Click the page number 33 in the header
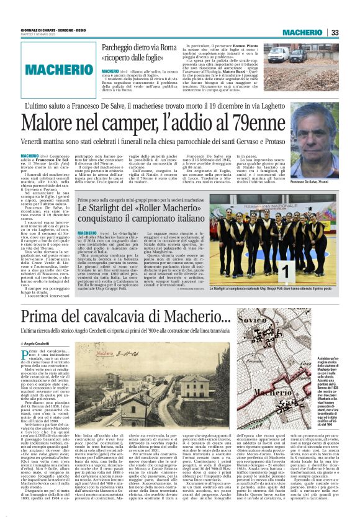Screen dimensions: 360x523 [334, 33]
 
